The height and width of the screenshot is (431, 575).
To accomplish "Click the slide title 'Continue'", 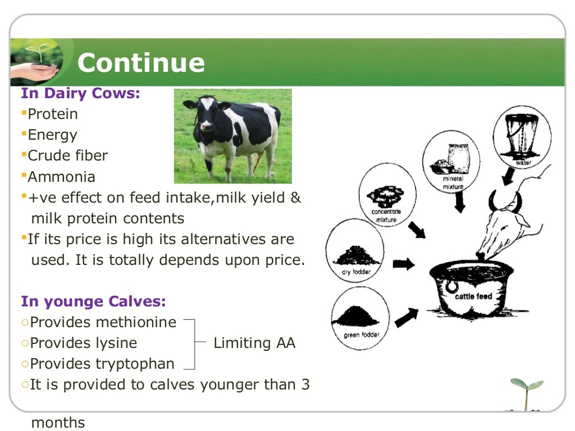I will (x=141, y=63).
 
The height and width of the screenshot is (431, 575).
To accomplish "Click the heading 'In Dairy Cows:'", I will (x=80, y=93).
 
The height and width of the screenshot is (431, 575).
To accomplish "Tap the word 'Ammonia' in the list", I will (x=62, y=177).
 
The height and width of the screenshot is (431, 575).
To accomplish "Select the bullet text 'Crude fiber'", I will (x=68, y=155).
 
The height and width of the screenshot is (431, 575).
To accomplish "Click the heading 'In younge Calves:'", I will (x=94, y=301).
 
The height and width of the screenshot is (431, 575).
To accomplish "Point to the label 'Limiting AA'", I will (x=254, y=343).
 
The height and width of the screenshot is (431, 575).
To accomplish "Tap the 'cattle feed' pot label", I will (x=473, y=296).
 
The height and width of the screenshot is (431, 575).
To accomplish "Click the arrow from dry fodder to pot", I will (x=403, y=264).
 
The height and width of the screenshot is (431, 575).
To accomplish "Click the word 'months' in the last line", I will (x=58, y=422).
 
